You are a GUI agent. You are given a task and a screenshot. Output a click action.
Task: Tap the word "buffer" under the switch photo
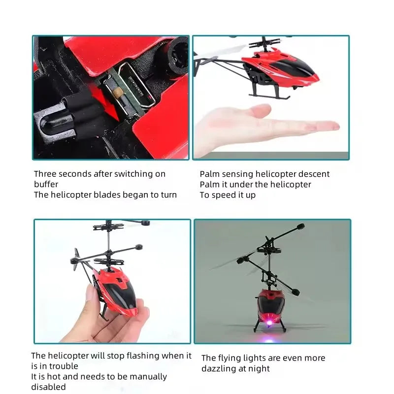click(46, 184)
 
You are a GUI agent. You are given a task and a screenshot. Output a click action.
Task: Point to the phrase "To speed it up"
click(228, 195)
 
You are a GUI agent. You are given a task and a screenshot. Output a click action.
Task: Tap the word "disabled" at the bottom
click(48, 387)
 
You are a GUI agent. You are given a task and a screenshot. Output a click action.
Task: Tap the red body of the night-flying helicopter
click(268, 300)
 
